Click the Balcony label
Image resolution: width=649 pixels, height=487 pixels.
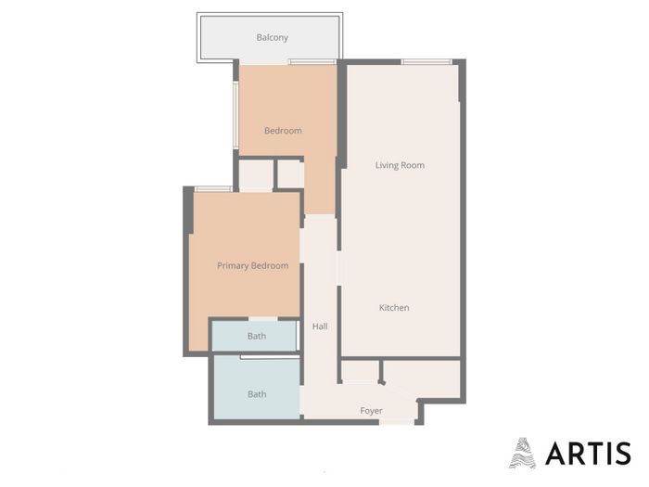click(272, 37)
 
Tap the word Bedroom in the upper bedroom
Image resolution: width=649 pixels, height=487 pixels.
click(283, 131)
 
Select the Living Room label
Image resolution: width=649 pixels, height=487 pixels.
click(400, 165)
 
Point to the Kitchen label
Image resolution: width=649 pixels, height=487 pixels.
click(394, 308)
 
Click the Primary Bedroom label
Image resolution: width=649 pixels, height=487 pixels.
click(253, 266)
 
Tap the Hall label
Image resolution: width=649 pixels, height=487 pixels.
click(320, 327)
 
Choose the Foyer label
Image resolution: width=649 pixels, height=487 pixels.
click(371, 411)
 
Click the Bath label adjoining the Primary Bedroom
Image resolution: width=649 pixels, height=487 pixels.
click(257, 336)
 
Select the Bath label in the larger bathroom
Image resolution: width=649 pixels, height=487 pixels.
click(257, 394)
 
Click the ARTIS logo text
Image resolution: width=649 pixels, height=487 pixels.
click(588, 454)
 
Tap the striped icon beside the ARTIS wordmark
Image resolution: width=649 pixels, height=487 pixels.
click(522, 453)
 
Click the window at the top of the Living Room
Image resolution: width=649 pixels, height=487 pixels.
click(426, 62)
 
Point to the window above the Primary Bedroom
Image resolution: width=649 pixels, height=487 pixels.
click(213, 189)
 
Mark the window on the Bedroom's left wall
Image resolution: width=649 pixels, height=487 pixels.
click(235, 115)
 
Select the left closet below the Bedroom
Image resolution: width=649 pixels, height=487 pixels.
click(256, 175)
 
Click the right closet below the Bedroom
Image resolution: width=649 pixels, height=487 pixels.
click(290, 174)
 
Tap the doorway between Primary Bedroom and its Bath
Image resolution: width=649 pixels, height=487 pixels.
click(262, 319)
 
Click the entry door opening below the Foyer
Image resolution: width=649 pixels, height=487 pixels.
click(397, 422)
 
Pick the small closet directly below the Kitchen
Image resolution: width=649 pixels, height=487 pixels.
click(360, 371)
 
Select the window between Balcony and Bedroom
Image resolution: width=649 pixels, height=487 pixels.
click(312, 62)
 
